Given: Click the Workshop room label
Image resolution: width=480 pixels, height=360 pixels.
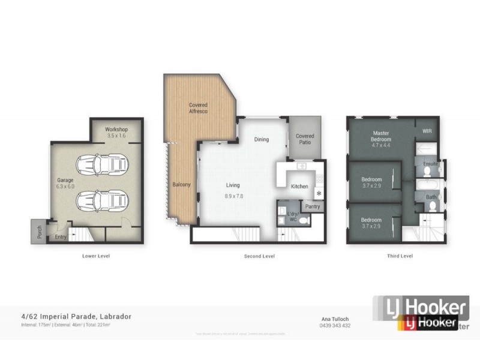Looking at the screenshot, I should click(x=116, y=129).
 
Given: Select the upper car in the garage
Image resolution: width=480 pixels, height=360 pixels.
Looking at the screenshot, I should click(x=102, y=164).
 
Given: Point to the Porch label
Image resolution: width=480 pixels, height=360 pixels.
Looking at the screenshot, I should click(x=40, y=232).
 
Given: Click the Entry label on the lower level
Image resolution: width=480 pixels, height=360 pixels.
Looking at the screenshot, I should click(x=61, y=236).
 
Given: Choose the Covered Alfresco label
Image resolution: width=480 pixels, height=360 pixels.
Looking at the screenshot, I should click(x=198, y=108).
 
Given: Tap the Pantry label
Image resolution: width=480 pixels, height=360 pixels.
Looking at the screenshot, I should click(x=312, y=206).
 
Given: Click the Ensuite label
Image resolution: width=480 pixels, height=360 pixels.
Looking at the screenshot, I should click(x=430, y=163).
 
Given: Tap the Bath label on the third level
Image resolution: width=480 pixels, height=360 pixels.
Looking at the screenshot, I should click(x=431, y=197).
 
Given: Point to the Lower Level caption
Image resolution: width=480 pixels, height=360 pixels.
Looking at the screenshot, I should click(x=96, y=256).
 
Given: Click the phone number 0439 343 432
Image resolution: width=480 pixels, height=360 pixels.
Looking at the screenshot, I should click(x=335, y=326).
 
